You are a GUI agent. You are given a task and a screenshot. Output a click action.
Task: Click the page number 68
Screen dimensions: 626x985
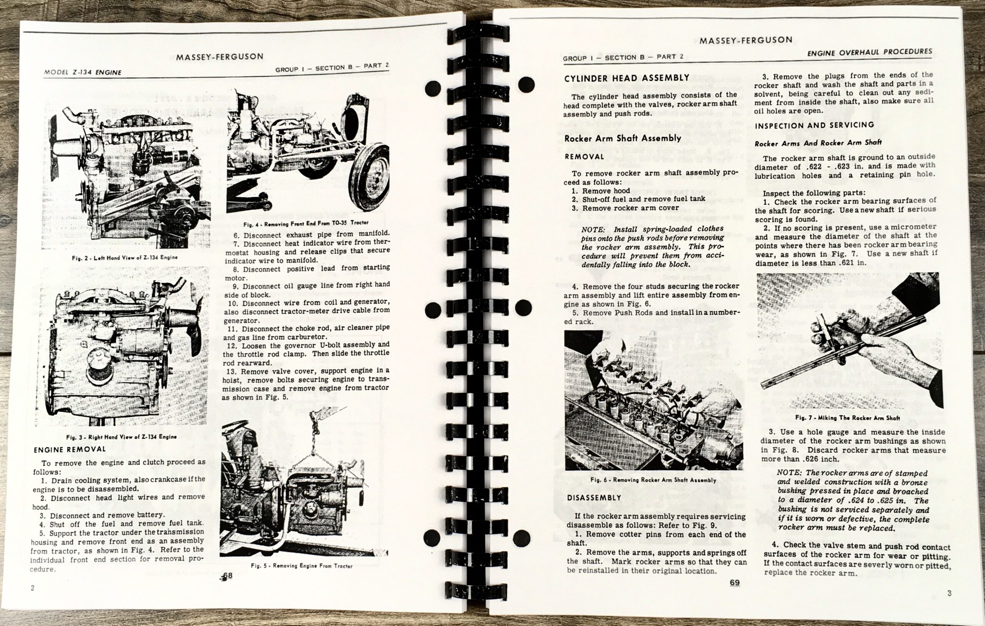click(227, 576)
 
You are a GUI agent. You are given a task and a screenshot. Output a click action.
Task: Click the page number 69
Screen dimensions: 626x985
click(734, 583)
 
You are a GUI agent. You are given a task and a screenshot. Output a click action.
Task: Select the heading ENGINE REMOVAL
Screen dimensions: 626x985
click(70, 450)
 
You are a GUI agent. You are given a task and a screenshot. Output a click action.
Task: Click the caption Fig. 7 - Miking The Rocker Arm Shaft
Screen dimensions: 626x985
click(848, 418)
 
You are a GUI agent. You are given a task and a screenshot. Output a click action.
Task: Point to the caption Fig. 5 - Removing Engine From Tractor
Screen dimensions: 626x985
click(302, 566)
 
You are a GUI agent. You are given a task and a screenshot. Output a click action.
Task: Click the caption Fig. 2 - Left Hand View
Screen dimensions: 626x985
click(125, 257)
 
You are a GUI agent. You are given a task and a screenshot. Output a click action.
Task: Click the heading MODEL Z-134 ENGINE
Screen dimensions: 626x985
click(83, 72)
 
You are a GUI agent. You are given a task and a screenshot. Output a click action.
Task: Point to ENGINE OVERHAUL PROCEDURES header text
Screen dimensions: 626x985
click(870, 52)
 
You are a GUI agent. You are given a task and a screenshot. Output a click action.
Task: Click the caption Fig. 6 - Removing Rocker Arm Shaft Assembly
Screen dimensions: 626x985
click(653, 480)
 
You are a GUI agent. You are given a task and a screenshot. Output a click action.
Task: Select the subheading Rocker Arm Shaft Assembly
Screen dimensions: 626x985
click(623, 138)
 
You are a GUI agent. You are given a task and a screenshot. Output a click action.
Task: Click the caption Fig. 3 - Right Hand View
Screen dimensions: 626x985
click(122, 437)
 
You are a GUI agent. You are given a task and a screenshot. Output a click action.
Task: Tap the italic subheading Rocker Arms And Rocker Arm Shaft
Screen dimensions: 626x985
click(818, 143)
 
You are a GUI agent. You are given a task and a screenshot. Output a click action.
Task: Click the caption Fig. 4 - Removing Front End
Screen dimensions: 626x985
click(306, 224)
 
